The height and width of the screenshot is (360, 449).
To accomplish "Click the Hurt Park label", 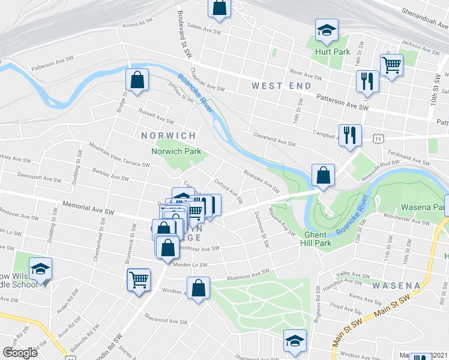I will point(333,52).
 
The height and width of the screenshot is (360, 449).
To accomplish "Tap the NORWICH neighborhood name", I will point(169,136).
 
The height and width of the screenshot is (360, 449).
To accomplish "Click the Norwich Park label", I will point(176,151).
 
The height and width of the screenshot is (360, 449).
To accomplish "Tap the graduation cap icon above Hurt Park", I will point(327,31).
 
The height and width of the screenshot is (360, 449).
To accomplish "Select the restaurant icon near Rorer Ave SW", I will point(367,80).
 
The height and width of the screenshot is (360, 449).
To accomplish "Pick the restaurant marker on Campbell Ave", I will point(349,134).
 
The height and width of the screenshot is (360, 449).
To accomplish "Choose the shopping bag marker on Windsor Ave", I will point(198,287).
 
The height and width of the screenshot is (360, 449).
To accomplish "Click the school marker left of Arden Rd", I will point(40,269).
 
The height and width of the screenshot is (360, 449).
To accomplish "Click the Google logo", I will point(20,352).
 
